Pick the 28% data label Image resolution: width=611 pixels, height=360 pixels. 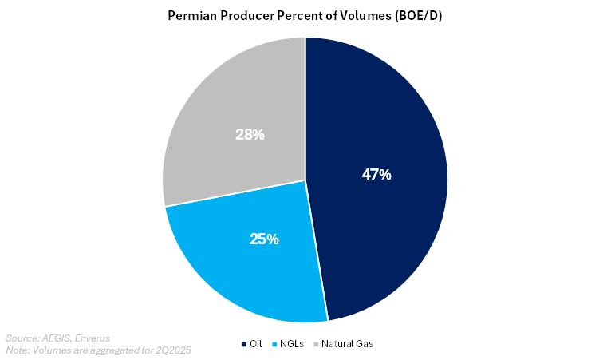pos(250,135)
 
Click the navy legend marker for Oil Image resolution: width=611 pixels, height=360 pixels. pos(244,344)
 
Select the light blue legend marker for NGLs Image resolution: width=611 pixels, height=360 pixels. pos(274,344)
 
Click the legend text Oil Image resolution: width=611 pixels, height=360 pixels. pos(256,344)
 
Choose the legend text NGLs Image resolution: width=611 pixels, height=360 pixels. pos(293,344)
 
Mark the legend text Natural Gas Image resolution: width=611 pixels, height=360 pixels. pos(349,344)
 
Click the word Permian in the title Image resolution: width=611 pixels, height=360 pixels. pos(191,16)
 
